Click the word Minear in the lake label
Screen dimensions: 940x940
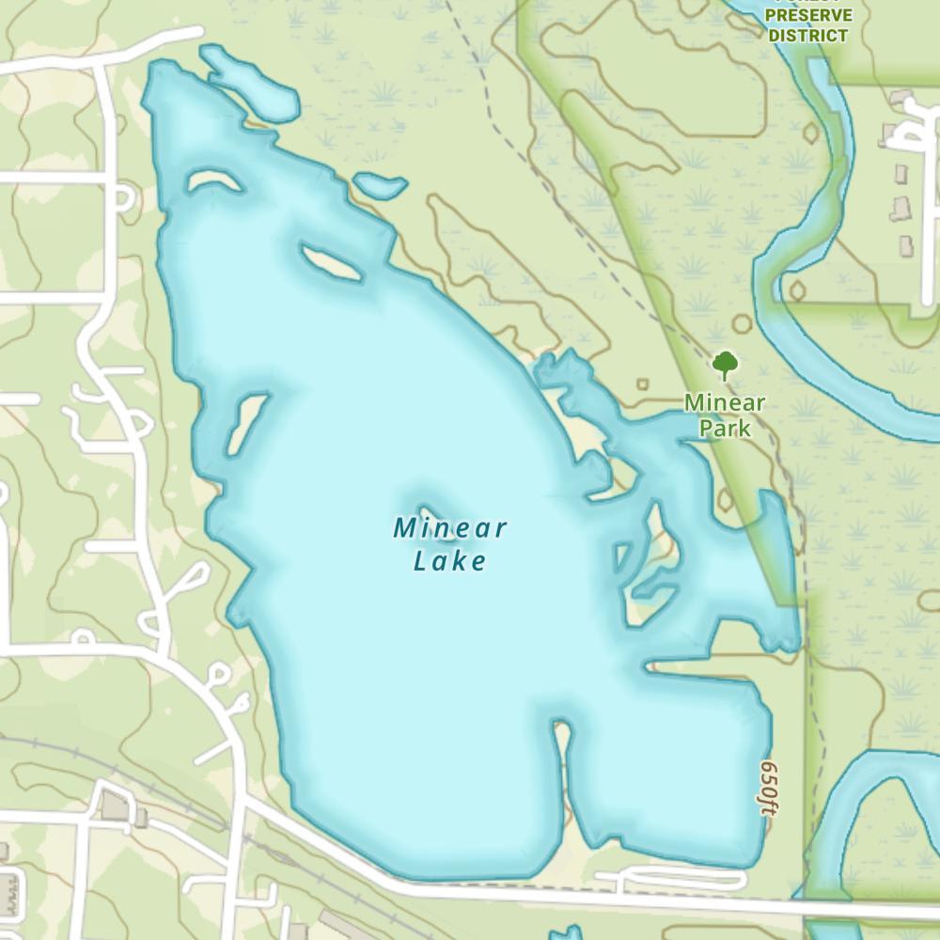point(450,528)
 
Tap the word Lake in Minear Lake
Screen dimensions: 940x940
point(450,562)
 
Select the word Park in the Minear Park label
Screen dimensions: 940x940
point(725,429)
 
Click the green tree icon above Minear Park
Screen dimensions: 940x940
point(725,365)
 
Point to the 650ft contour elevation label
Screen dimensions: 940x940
point(769,788)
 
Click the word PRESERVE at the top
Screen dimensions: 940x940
point(808,16)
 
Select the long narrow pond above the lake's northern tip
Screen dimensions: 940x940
point(249,83)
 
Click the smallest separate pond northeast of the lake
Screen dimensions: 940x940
point(381,185)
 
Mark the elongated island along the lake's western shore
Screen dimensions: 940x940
point(246,423)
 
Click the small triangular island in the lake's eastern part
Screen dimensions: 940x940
point(623,556)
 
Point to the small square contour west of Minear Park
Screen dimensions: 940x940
point(643,384)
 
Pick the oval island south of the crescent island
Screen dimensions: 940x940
point(331,262)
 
